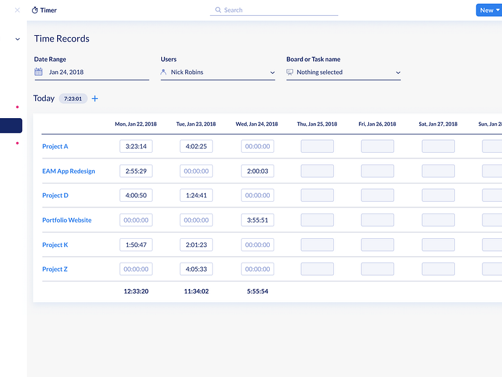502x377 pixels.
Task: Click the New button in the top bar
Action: point(489,10)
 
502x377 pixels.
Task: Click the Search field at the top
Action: point(274,10)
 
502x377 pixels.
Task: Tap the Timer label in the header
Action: point(45,10)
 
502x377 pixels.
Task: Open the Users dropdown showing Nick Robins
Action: point(218,72)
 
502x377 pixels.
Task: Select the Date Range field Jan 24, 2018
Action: point(92,72)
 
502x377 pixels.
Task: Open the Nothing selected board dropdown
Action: point(343,72)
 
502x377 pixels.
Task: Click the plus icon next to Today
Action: point(95,98)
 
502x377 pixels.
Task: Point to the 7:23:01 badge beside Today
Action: point(73,98)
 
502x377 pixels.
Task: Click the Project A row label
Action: point(55,146)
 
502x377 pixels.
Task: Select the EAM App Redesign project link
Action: point(68,171)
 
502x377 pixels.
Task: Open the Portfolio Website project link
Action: point(67,220)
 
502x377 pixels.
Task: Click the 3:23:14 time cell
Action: point(136,146)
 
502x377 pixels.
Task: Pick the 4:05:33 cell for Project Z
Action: point(196,269)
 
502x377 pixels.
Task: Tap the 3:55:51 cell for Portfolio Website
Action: point(257,220)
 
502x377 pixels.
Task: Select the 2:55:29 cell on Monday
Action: point(136,171)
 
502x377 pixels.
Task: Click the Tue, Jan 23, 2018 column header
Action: point(196,124)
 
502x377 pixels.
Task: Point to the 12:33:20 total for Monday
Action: point(136,291)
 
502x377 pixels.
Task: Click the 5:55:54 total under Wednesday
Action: point(257,291)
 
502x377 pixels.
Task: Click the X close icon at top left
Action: point(17,10)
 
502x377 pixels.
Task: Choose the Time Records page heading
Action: point(61,38)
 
